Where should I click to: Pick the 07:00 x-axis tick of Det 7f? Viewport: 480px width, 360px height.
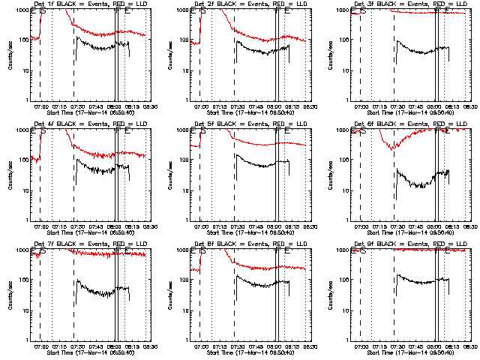[x=41, y=345]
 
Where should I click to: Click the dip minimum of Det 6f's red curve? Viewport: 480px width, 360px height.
[x=392, y=149]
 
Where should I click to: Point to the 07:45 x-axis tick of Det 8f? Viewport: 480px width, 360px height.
[x=258, y=345]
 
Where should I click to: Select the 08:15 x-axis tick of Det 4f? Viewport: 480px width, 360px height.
[x=133, y=226]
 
